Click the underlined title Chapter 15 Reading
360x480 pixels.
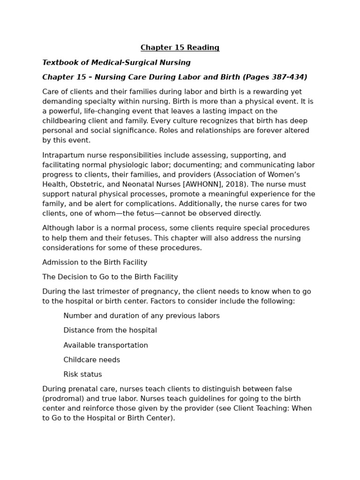(180, 48)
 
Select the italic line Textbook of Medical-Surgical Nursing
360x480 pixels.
(116, 62)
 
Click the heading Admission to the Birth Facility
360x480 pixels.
(95, 262)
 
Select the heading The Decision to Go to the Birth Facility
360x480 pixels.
(110, 277)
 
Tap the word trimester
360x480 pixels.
(117, 292)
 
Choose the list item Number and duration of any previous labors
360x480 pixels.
(142, 316)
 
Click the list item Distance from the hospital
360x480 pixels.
(110, 330)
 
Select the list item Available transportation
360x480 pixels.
(105, 345)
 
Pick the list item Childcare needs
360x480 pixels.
(92, 360)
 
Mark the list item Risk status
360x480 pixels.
(82, 375)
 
